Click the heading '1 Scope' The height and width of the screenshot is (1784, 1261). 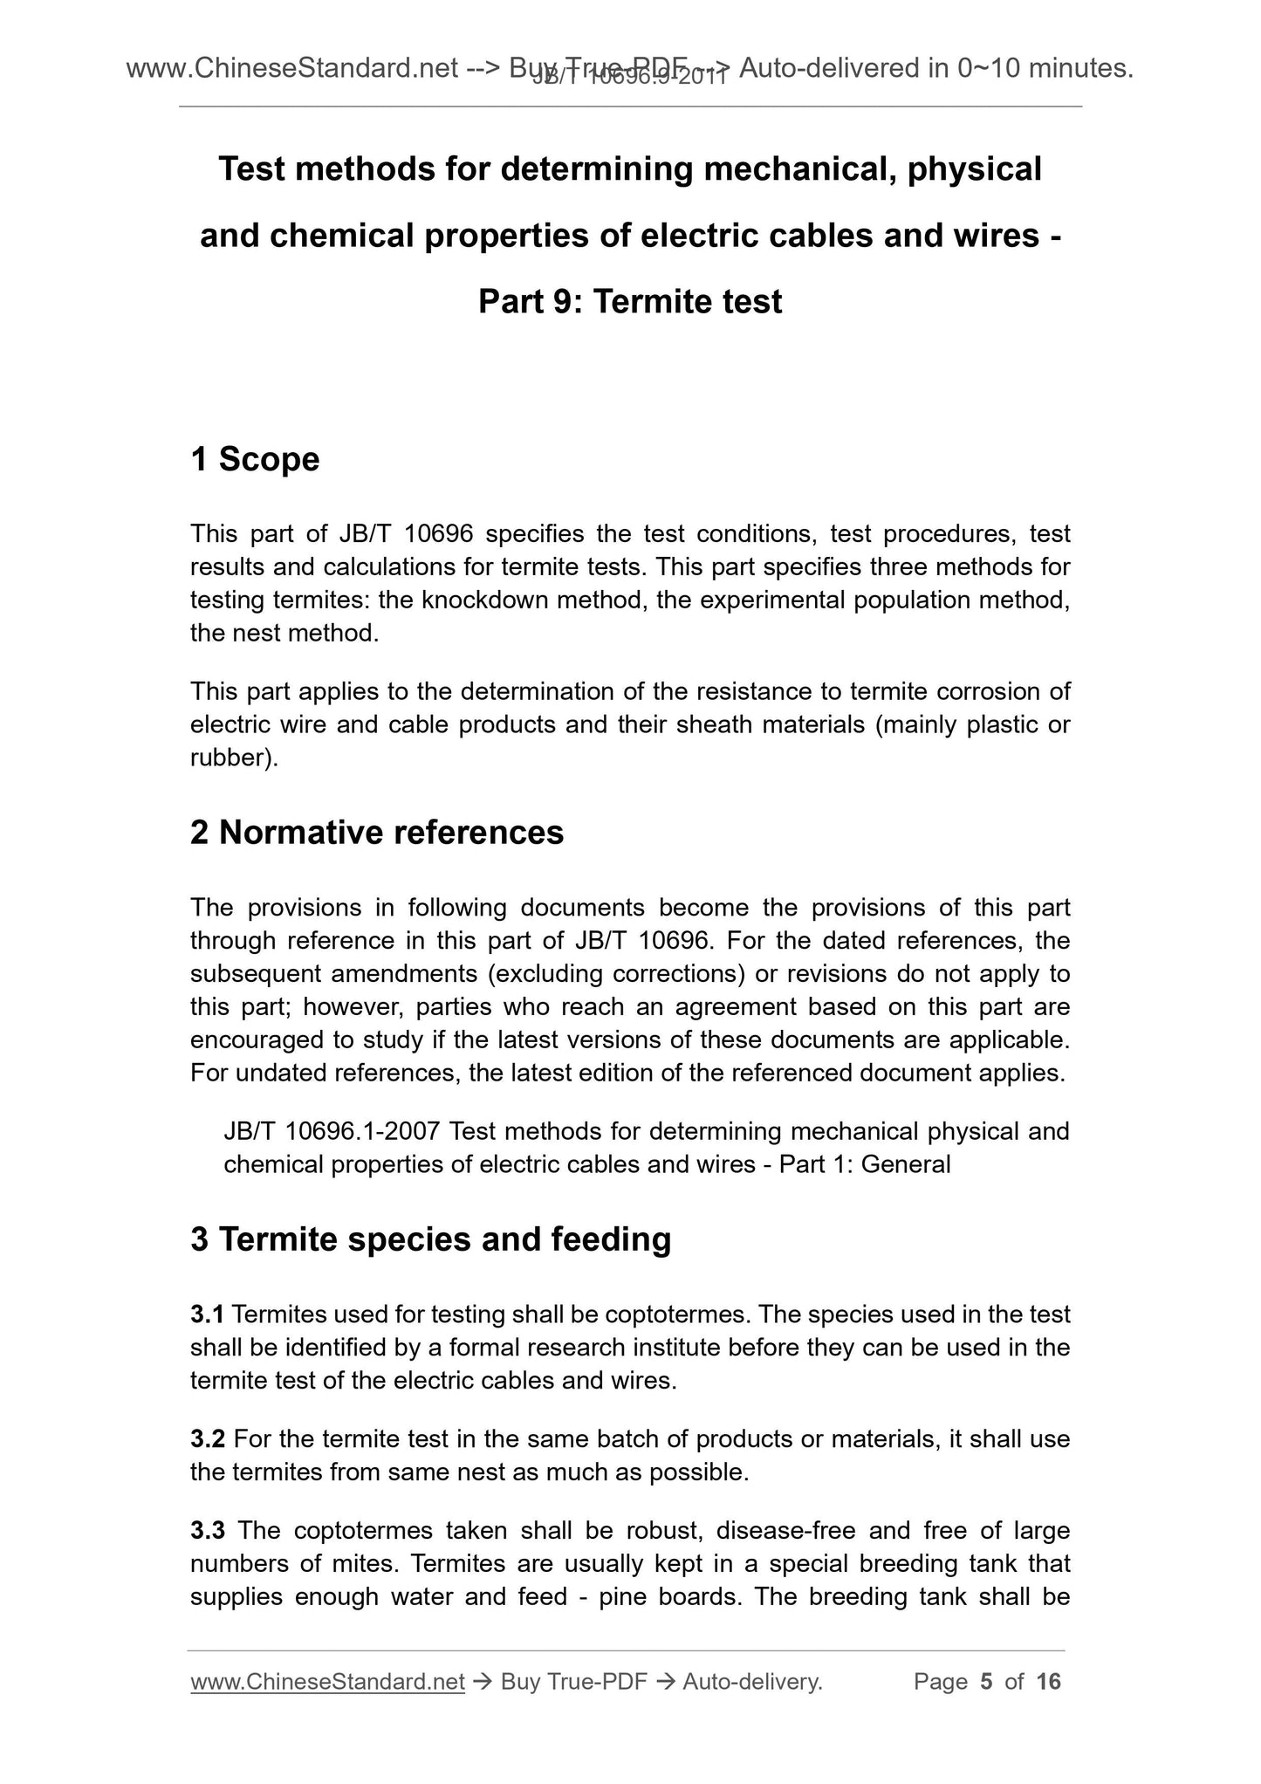(255, 459)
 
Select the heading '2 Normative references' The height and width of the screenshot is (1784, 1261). (377, 833)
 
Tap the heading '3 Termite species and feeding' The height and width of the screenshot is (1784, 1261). (431, 1239)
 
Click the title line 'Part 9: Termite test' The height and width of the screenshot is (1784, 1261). (630, 302)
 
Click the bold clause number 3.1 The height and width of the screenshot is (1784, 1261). (208, 1314)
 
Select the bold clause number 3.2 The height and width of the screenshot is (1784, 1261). (208, 1439)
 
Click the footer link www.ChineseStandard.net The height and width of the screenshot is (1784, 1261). (327, 1682)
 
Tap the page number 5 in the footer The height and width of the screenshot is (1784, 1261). (987, 1682)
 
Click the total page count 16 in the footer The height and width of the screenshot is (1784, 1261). (1048, 1682)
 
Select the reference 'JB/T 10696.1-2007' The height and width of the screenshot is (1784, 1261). (334, 1132)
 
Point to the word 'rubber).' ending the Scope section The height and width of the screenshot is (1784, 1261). (234, 758)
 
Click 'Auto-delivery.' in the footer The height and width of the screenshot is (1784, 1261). (752, 1682)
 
